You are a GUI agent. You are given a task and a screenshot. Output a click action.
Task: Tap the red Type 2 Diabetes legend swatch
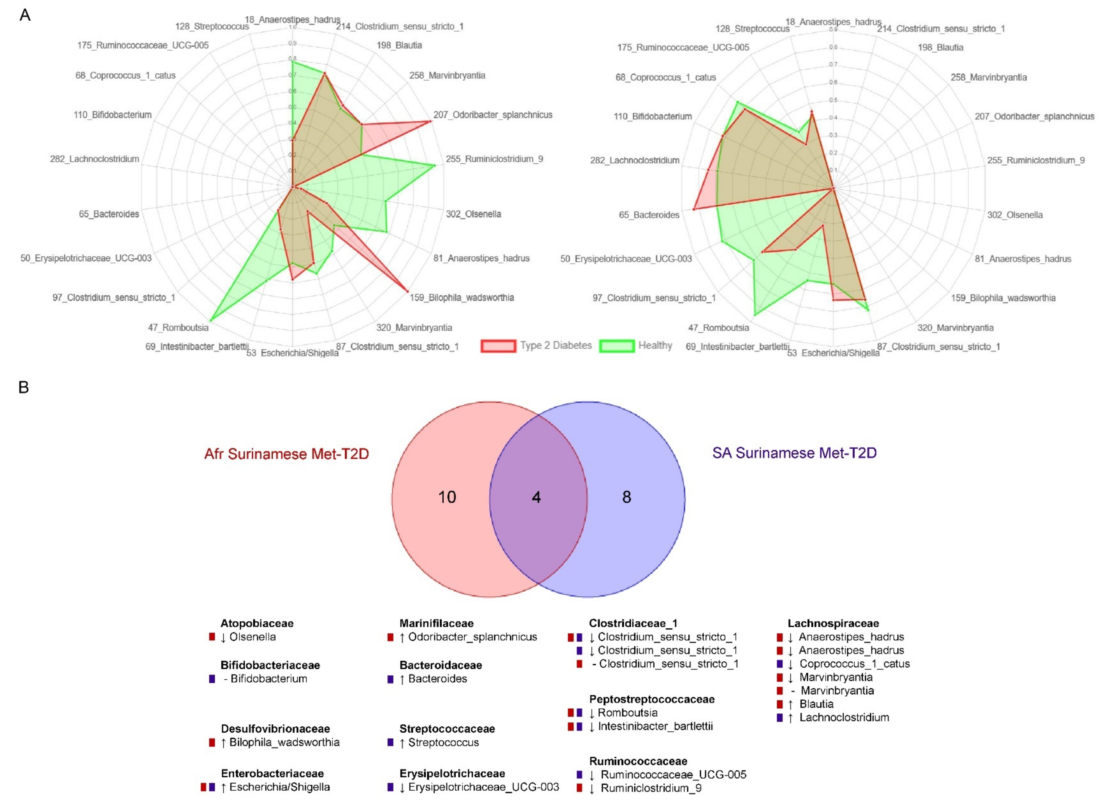498,346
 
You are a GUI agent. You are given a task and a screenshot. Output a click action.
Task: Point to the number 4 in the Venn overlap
536,497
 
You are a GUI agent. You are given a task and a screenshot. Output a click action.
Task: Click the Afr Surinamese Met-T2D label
286,453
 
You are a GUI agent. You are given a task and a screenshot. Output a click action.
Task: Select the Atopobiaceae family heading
257,623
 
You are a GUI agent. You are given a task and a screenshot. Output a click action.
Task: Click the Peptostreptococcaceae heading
651,699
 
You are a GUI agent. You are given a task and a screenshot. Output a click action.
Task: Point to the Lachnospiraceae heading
833,623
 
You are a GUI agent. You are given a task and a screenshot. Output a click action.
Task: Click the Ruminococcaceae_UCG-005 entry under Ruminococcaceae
673,775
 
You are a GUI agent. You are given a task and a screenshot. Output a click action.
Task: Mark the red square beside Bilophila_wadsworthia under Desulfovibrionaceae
212,742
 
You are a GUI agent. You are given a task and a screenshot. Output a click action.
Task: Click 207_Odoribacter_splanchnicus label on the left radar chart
492,115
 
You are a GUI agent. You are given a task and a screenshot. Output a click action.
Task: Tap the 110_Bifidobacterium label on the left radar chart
112,115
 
